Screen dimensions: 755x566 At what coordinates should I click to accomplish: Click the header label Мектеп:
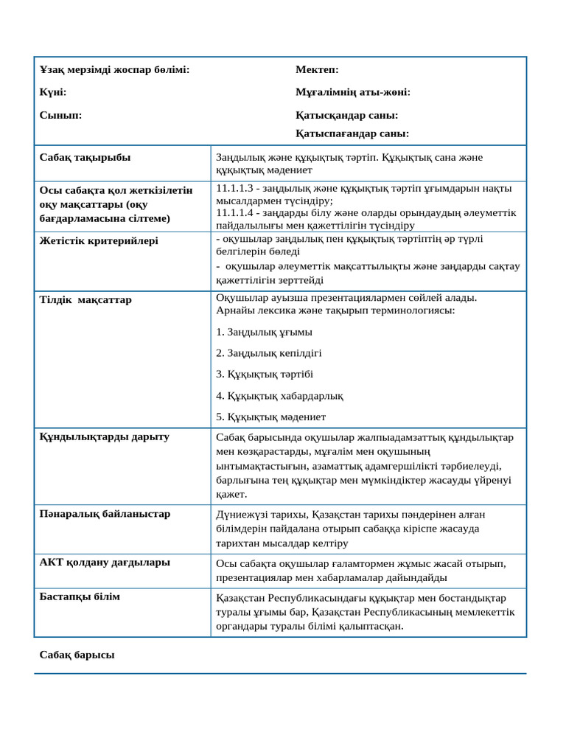317,69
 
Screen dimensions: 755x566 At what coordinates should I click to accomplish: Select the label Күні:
53,92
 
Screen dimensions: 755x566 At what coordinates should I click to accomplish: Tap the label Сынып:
60,115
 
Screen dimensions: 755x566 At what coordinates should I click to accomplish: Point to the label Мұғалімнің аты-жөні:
353,92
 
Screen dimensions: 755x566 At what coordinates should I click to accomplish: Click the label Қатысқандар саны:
346,115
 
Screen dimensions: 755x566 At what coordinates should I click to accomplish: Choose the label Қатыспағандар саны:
352,133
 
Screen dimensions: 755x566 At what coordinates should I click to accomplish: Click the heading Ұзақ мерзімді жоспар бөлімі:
114,69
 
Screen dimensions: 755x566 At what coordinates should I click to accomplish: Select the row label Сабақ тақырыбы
85,157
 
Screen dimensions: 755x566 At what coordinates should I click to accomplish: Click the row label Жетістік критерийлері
99,240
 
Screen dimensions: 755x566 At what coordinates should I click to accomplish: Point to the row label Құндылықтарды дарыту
104,436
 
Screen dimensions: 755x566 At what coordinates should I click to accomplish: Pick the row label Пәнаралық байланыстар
105,513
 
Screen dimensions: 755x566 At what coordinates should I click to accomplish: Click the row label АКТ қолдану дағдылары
105,562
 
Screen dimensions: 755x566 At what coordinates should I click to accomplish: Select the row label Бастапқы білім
80,596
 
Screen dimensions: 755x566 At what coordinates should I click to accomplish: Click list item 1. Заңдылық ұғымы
264,332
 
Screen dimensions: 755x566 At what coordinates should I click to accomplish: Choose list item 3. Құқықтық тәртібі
265,374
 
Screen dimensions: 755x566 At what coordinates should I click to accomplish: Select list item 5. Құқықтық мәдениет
270,417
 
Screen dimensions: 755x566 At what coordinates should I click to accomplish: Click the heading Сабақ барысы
77,654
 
